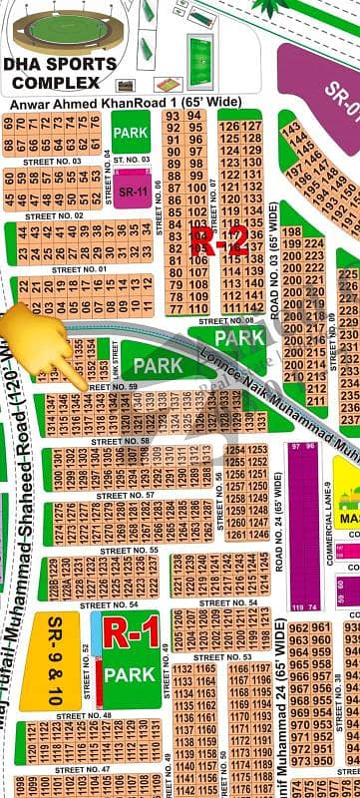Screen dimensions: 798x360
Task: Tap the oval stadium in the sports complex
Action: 60,31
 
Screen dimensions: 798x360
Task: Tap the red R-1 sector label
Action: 132,630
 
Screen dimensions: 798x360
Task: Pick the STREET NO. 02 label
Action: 54,215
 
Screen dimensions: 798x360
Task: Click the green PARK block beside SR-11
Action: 131,132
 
